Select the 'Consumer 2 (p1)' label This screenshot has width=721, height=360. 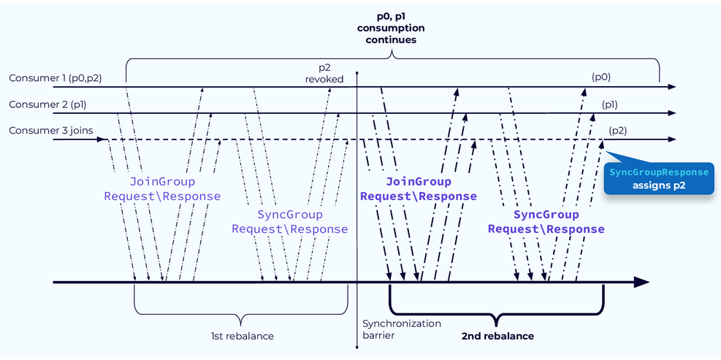tap(47, 104)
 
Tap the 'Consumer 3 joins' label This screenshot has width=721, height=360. tap(45, 130)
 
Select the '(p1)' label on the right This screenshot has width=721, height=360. tap(609, 104)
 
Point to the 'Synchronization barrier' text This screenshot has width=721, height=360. tap(392, 329)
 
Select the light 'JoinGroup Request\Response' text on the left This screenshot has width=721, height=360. tap(162, 188)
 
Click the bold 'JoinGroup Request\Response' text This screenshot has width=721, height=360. tap(418, 188)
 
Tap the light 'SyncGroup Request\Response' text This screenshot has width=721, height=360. tap(290, 221)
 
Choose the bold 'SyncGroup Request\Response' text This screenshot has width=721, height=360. tap(546, 221)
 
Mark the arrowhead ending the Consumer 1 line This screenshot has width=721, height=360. tap(672, 87)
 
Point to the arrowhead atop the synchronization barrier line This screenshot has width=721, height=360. tap(357, 74)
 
